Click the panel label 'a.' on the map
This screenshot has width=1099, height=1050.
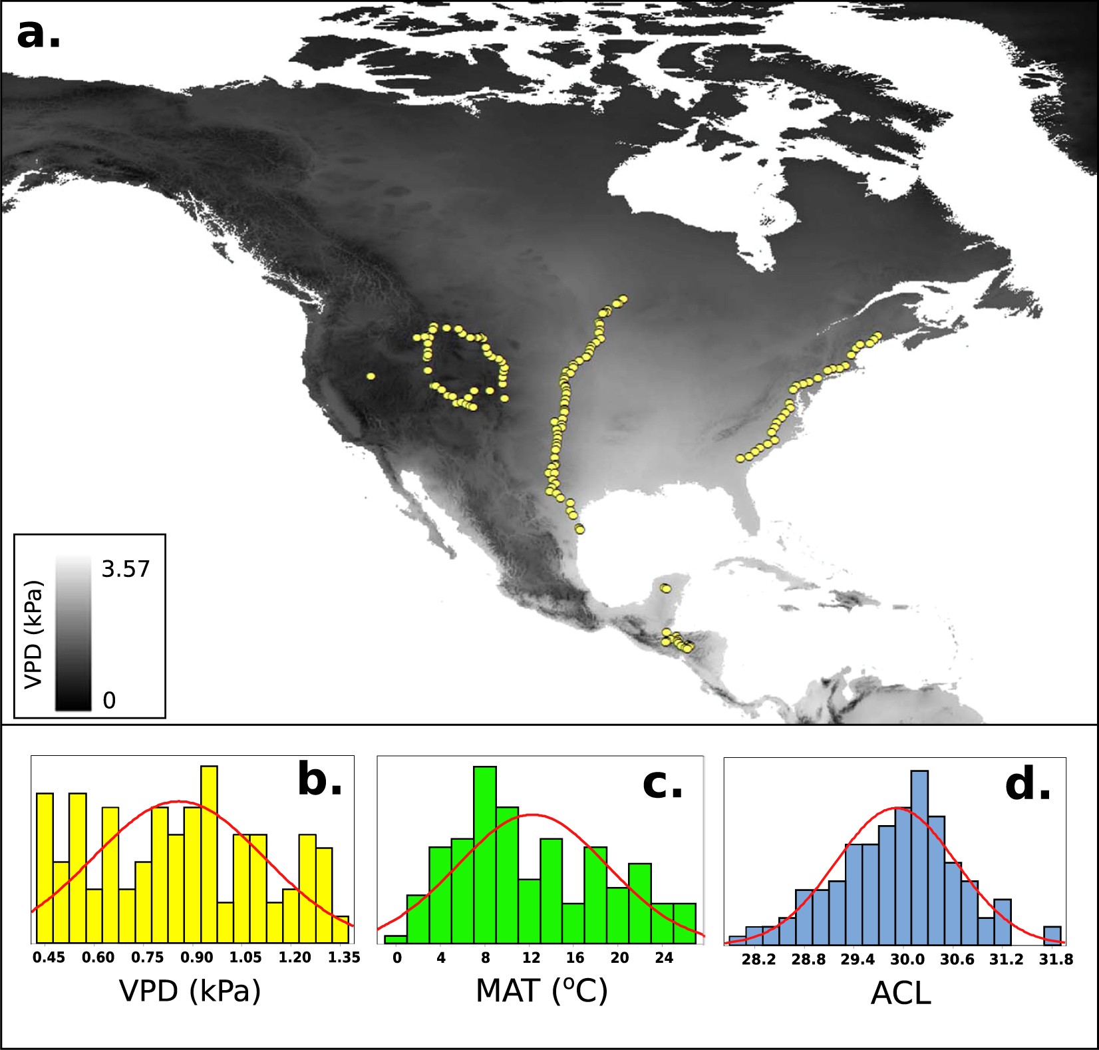[x=39, y=35]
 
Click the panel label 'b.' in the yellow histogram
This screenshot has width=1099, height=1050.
[x=319, y=780]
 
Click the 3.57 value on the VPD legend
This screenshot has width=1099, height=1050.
[x=126, y=569]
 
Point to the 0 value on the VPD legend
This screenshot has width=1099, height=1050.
[x=109, y=700]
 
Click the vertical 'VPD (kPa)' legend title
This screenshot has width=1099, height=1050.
[x=33, y=633]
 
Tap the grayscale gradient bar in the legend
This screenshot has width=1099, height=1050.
[x=73, y=633]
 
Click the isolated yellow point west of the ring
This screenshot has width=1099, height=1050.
[x=371, y=377]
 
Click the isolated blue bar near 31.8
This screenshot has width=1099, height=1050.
[x=1052, y=934]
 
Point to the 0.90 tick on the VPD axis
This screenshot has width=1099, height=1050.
[x=197, y=958]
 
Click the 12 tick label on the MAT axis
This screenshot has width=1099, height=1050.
[x=531, y=958]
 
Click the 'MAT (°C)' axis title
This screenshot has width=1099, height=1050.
[x=542, y=991]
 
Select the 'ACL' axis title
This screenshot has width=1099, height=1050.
[x=901, y=994]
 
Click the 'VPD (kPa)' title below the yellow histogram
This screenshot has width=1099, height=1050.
[x=190, y=991]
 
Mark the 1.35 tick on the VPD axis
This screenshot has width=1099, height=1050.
[x=344, y=958]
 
